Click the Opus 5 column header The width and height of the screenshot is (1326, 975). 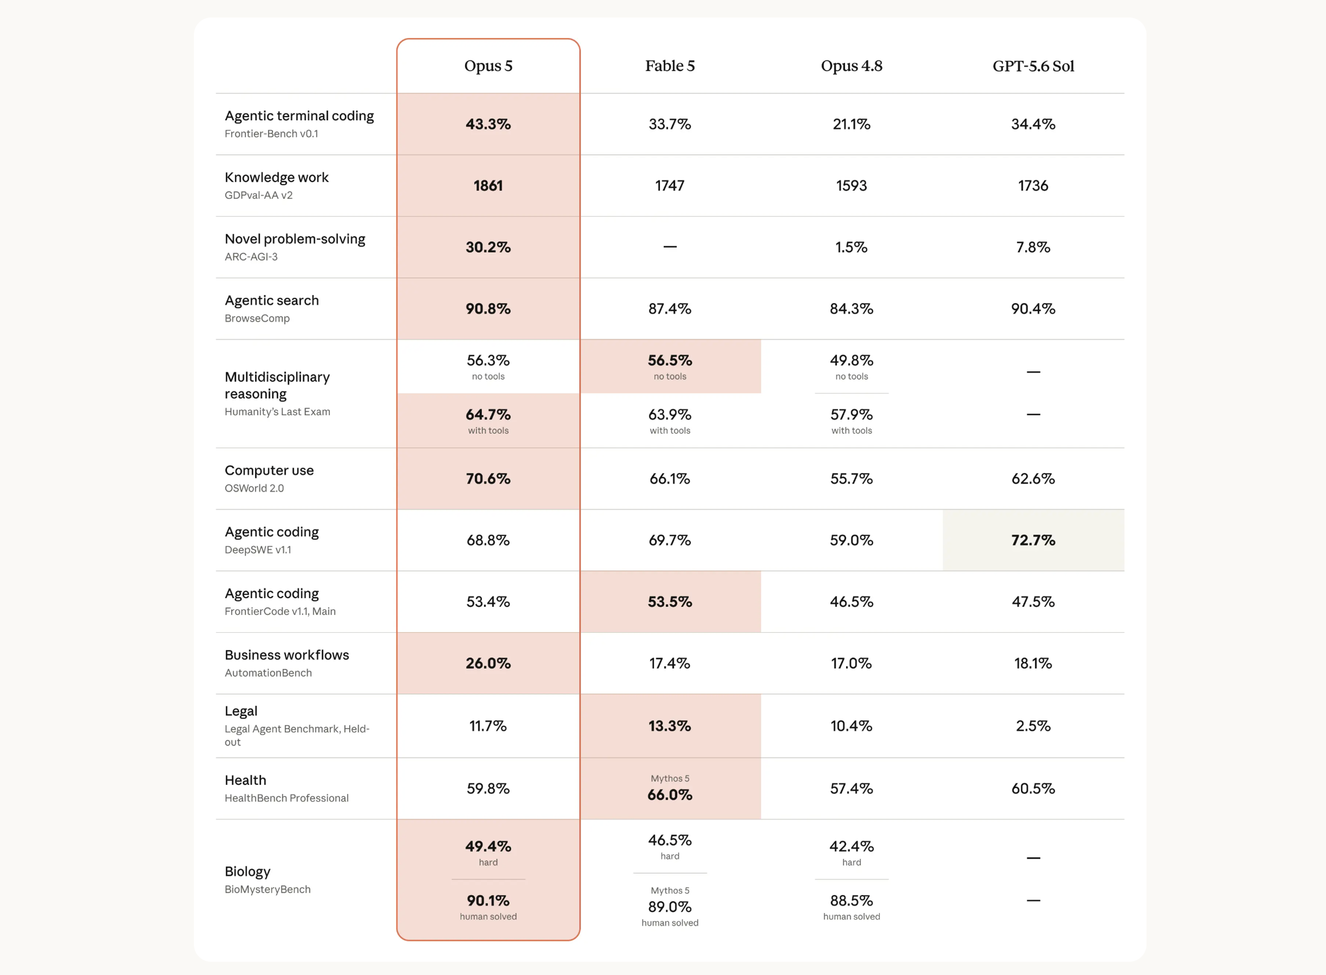pos(488,66)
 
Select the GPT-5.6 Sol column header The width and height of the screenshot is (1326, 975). pos(1033,66)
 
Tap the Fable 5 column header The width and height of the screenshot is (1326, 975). pos(670,66)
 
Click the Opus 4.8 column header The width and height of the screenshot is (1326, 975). pos(852,66)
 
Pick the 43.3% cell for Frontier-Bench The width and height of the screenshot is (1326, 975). pos(488,124)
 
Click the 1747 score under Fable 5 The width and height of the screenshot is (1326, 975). pos(670,185)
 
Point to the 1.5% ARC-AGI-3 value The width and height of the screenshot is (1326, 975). pos(852,247)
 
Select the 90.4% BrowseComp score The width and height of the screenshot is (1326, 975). pos(1033,309)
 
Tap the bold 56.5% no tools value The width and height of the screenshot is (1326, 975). pos(670,360)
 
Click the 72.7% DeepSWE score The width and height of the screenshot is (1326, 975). pos(1033,540)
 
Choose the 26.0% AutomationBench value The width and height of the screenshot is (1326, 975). pos(488,663)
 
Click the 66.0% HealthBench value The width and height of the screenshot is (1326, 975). pos(670,794)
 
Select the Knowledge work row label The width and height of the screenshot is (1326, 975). pos(276,177)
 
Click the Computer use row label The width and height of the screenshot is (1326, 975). pos(269,470)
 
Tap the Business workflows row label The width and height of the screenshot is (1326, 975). pos(287,655)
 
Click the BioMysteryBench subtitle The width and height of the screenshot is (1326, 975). pos(267,889)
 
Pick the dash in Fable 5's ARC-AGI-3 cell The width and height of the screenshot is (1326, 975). pos(670,247)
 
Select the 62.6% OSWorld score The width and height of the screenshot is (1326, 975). pos(1033,479)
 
